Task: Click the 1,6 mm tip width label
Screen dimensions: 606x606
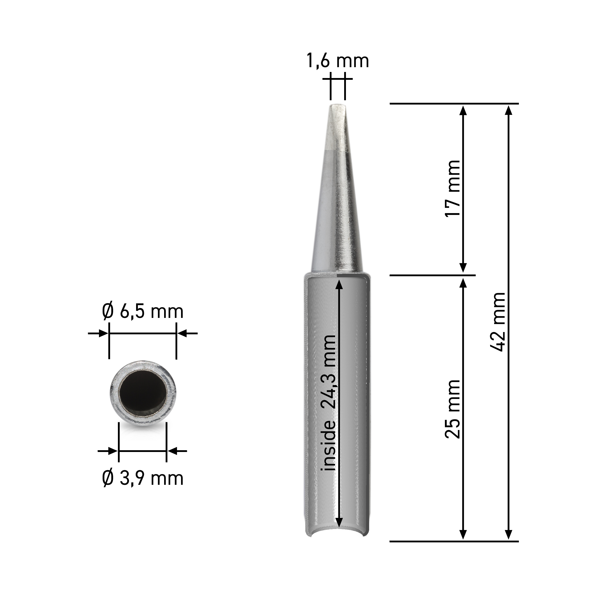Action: tap(338, 61)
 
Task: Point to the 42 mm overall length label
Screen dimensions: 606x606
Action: tap(497, 322)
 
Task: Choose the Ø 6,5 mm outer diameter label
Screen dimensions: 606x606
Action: tap(143, 312)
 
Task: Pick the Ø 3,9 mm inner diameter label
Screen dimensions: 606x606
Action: tap(143, 478)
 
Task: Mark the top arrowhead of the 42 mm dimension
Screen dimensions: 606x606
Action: tap(509, 110)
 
